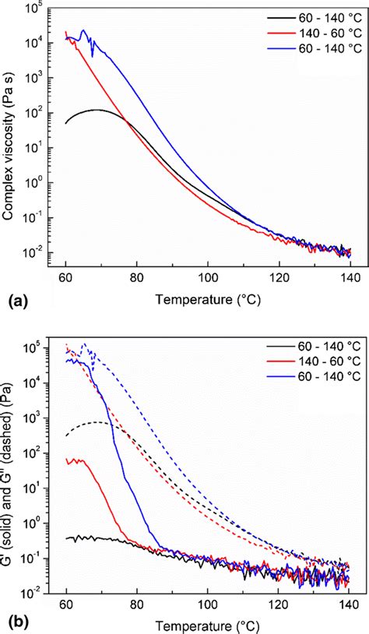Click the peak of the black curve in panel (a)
[96, 110]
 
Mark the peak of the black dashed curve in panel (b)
[97, 422]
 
